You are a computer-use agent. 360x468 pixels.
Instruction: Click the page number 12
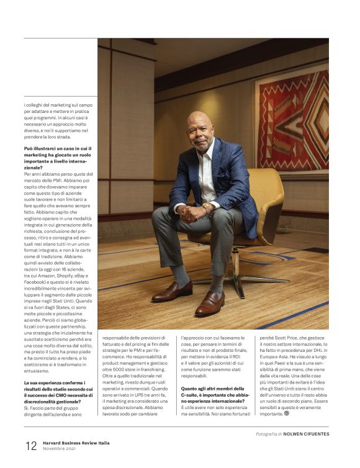(x=31, y=446)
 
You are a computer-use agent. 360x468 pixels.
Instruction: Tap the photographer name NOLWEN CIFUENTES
(x=306, y=434)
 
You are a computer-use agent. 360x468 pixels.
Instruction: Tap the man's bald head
(x=200, y=120)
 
